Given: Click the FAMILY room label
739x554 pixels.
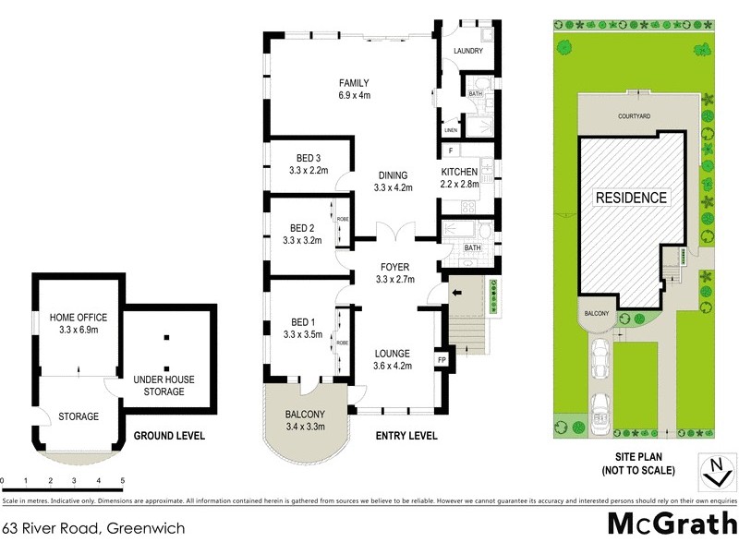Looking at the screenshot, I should [354, 82].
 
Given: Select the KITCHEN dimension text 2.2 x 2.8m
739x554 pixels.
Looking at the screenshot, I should [459, 184].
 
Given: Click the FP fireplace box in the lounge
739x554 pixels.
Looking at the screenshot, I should [441, 359].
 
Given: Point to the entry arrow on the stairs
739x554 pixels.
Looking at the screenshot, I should [455, 294].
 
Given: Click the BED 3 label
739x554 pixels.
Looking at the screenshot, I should [309, 157].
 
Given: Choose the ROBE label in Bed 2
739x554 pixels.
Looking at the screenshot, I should [341, 220].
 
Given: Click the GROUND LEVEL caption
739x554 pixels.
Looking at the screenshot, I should [169, 436].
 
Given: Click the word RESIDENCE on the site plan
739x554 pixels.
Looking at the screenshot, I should [631, 198].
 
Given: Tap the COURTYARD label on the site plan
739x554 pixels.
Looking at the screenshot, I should [636, 117].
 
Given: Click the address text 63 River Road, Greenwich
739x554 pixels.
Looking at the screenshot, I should [93, 529].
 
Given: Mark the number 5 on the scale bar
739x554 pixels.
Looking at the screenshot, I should [123, 481].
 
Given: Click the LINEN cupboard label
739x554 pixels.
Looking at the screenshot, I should [451, 130].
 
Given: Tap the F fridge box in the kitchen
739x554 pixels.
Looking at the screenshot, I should [449, 151].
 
